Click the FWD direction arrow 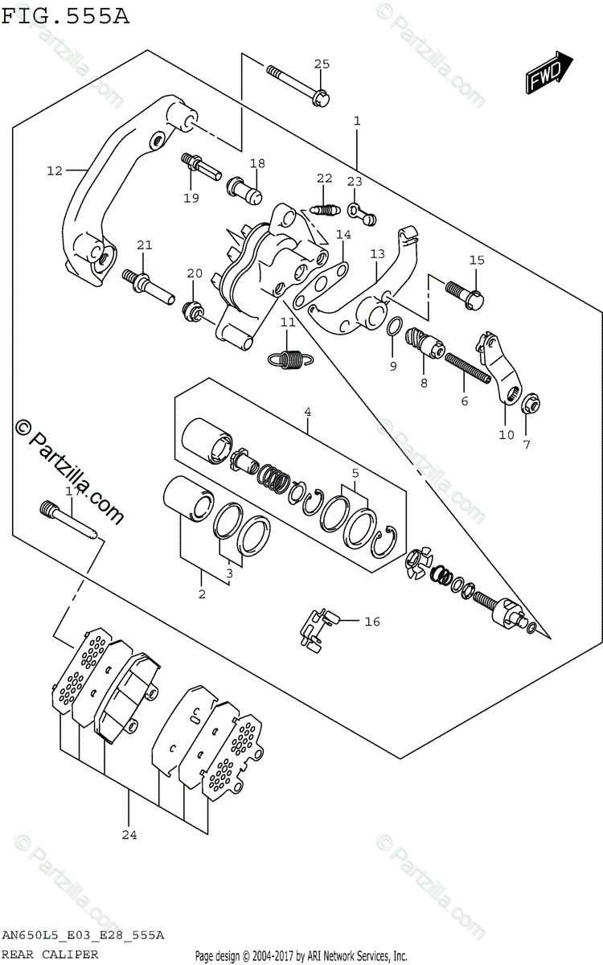(549, 72)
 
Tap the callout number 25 (322, 64)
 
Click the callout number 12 (54, 170)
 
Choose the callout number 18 (256, 164)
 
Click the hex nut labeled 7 (530, 405)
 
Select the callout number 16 (372, 621)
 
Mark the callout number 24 (129, 835)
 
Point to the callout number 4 (307, 412)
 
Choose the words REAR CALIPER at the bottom (50, 955)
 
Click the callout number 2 (202, 594)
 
